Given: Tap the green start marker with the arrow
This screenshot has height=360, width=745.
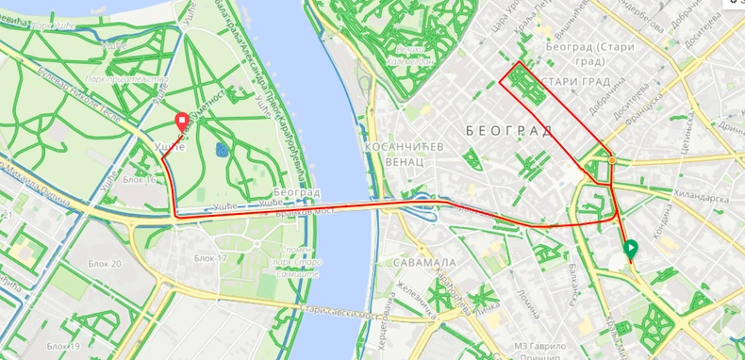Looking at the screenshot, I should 630,249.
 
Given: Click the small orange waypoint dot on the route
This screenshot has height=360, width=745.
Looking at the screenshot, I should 612,160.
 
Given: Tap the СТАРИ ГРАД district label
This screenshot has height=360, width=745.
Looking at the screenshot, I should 574,82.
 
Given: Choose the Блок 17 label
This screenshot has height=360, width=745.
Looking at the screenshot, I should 210,257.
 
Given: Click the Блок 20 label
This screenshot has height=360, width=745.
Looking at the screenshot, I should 104,263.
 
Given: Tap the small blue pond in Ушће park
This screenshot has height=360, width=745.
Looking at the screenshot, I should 222,149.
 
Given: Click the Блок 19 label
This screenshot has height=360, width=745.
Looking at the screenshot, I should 63,346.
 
